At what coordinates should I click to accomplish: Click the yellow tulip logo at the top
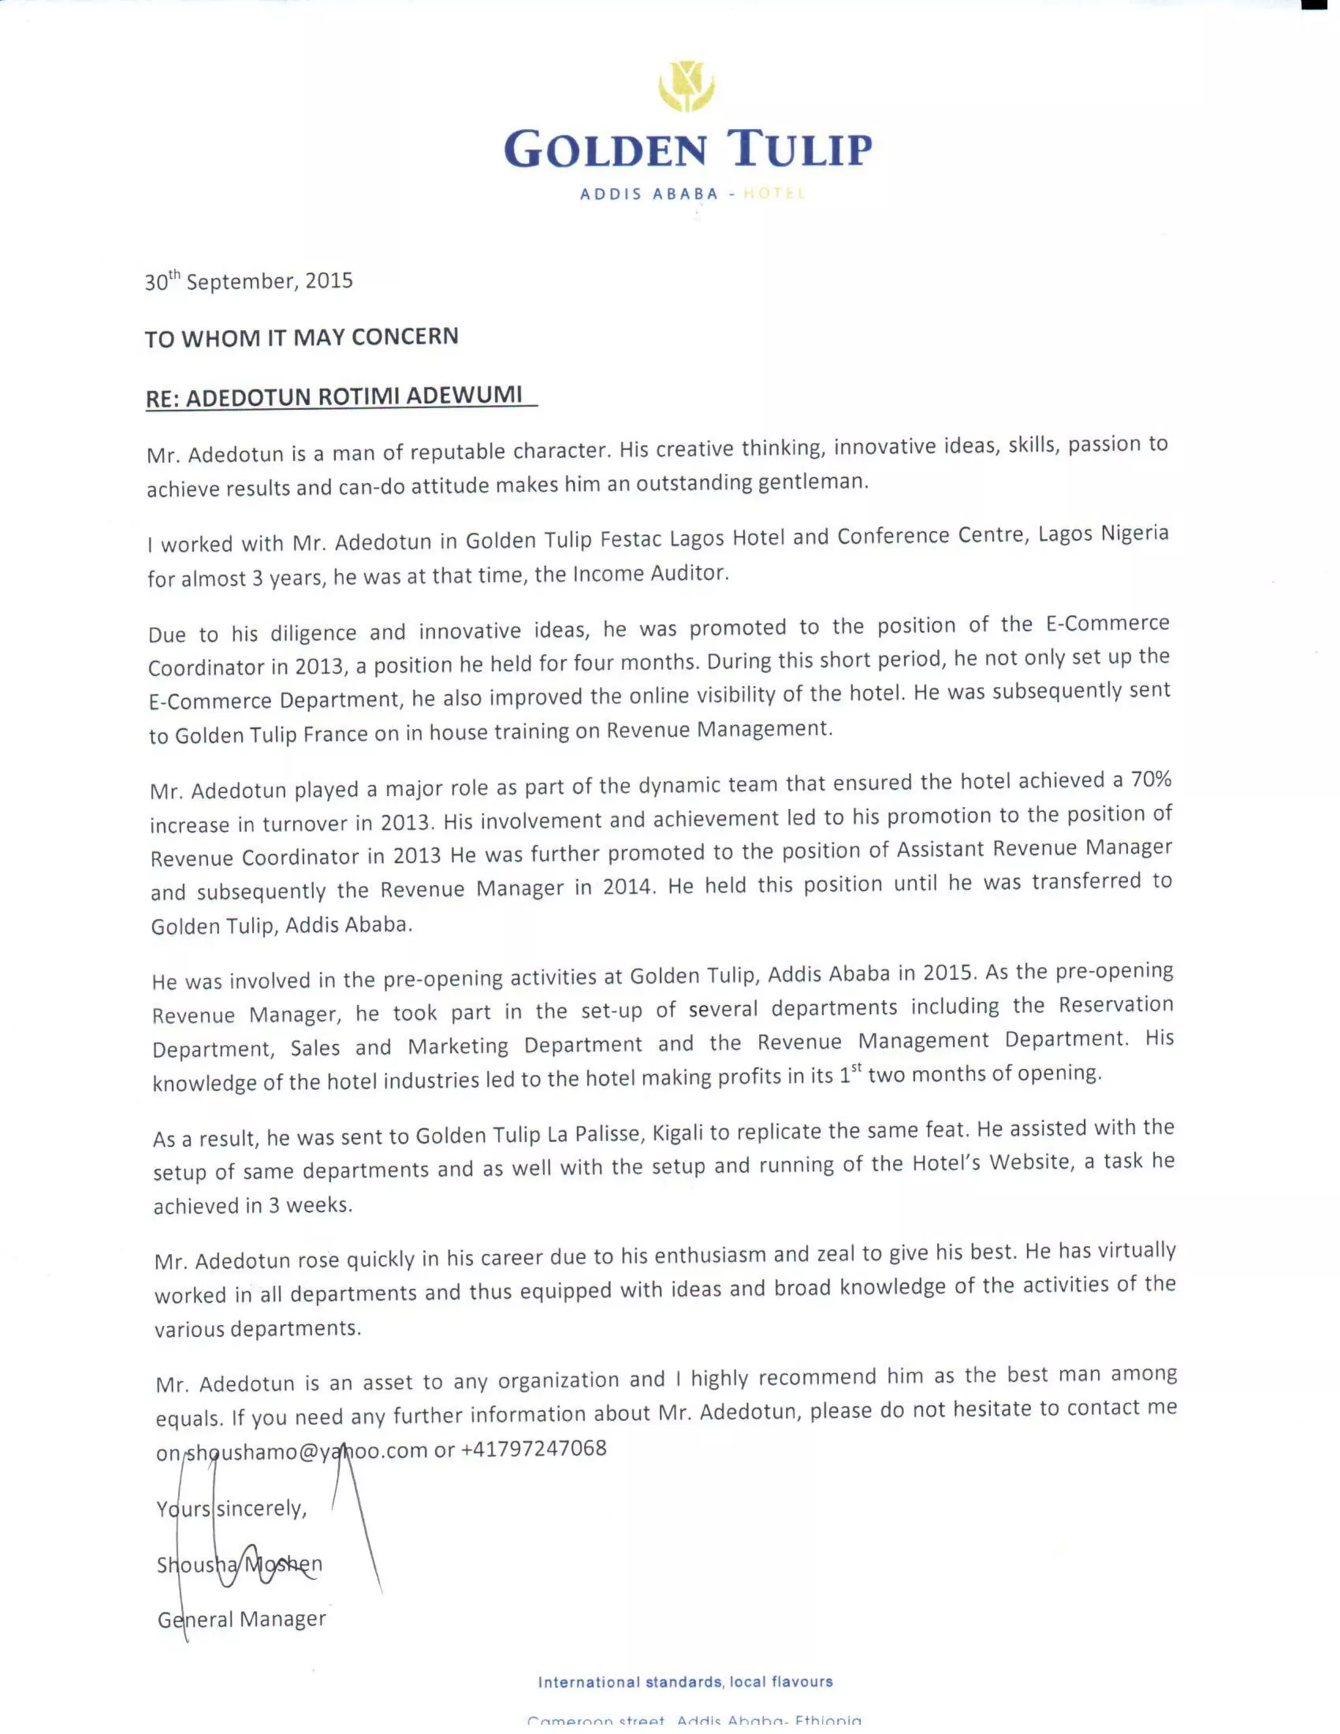(686, 86)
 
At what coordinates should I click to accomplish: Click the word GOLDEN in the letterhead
(606, 150)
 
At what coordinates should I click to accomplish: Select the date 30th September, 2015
(249, 281)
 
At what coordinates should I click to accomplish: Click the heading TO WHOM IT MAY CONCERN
(302, 338)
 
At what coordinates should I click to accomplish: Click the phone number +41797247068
(533, 1448)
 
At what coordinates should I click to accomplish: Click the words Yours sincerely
(232, 1508)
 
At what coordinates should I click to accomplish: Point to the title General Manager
(242, 1619)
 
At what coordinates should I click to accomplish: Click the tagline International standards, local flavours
(685, 1682)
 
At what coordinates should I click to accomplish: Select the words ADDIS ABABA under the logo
(648, 194)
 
